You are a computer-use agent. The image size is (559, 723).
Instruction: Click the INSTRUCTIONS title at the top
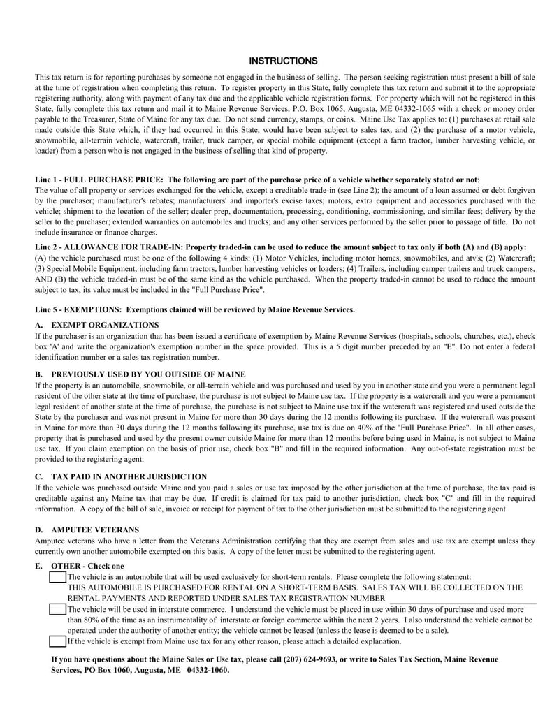tap(283, 61)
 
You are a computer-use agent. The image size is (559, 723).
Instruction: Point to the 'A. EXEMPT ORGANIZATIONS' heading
tap(96, 325)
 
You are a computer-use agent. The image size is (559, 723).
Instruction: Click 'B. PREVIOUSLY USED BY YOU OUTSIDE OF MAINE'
tap(140, 374)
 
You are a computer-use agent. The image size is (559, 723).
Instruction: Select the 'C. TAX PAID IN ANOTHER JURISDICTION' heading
tap(120, 476)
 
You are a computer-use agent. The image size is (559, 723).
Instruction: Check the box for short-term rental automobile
tap(57, 577)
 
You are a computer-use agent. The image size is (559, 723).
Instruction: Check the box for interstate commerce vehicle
tap(57, 609)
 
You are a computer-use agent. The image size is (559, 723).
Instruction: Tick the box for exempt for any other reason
tap(57, 641)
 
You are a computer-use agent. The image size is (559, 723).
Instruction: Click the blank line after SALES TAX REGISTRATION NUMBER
tap(462, 599)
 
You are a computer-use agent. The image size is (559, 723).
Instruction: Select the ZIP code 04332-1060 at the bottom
tap(207, 670)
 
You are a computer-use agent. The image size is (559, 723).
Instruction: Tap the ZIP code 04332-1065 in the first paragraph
tap(411, 109)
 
